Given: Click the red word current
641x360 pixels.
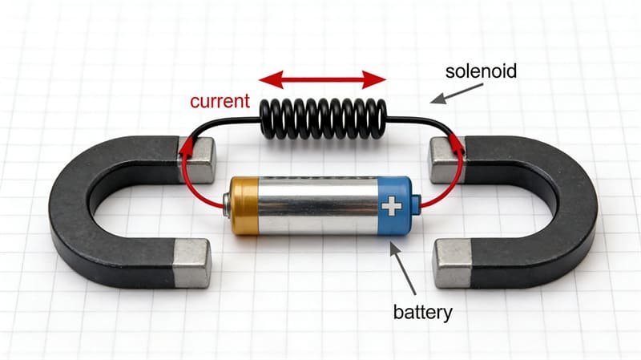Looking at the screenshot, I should tap(220, 103).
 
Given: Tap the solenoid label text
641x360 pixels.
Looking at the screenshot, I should tap(482, 71).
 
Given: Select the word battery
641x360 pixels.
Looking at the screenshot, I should tap(423, 309).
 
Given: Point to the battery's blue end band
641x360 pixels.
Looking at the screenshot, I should tap(394, 207).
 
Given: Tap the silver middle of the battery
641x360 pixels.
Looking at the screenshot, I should tap(317, 206).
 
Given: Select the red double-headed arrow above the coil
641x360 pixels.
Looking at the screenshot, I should tap(322, 79).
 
